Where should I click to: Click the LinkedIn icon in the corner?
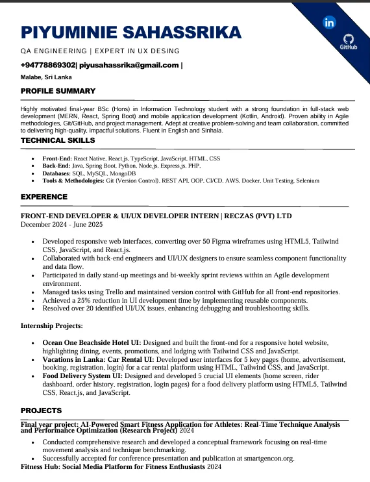329,23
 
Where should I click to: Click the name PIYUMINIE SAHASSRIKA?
130,32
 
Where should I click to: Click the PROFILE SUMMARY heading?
58,91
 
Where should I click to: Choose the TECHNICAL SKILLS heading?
58,140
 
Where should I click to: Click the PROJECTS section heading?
41,411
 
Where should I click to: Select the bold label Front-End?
57,159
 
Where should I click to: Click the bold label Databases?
56,173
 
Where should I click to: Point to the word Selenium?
307,181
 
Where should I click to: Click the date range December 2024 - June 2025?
62,225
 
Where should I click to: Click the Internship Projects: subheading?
52,325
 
